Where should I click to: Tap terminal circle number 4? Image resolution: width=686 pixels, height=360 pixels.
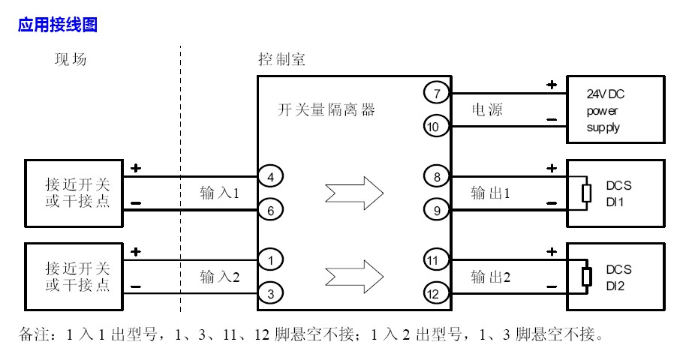pyautogui.click(x=270, y=177)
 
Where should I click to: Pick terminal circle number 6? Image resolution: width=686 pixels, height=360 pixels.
pyautogui.click(x=270, y=210)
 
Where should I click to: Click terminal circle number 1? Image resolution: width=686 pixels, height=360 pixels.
pyautogui.click(x=270, y=259)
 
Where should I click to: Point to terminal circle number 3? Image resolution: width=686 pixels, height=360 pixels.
pyautogui.click(x=270, y=292)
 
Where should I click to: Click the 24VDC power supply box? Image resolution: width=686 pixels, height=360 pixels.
pyautogui.click(x=615, y=109)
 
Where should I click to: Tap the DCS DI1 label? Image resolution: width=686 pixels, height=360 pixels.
pyautogui.click(x=619, y=192)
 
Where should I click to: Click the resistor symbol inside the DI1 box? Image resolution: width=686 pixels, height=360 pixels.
pyautogui.click(x=587, y=192)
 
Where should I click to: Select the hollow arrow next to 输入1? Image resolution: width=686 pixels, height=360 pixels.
pyautogui.click(x=355, y=193)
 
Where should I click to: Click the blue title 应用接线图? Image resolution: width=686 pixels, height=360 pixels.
pyautogui.click(x=58, y=25)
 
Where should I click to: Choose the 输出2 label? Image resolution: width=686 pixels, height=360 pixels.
pyautogui.click(x=491, y=277)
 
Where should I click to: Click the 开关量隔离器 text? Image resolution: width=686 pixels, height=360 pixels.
pyautogui.click(x=326, y=110)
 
